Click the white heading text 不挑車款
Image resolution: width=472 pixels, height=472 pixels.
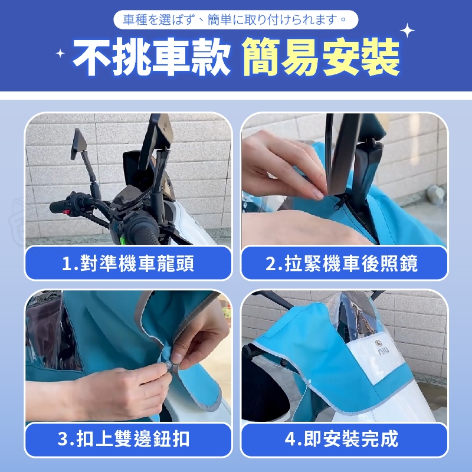[x=152, y=57]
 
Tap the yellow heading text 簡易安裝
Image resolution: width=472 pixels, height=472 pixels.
[x=321, y=57]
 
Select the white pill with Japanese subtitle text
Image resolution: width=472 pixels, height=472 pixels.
[x=235, y=20]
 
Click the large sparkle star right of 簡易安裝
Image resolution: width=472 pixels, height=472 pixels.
[x=407, y=31]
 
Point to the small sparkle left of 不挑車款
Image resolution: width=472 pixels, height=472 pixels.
[x=60, y=53]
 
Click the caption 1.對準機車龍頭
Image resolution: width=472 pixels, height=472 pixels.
[x=128, y=263]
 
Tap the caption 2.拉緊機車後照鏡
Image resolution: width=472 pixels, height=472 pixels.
[x=342, y=263]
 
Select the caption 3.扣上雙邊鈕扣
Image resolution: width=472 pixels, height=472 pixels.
[x=123, y=439]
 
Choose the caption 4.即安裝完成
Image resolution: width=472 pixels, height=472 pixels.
[x=342, y=439]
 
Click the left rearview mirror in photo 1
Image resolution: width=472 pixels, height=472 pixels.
[x=78, y=144]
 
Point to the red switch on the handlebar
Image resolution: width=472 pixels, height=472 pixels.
[x=67, y=212]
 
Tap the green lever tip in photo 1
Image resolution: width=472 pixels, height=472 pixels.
[x=123, y=240]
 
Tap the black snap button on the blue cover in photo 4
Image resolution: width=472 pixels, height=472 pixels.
[x=283, y=362]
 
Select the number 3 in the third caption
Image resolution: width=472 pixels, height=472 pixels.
[x=63, y=439]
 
